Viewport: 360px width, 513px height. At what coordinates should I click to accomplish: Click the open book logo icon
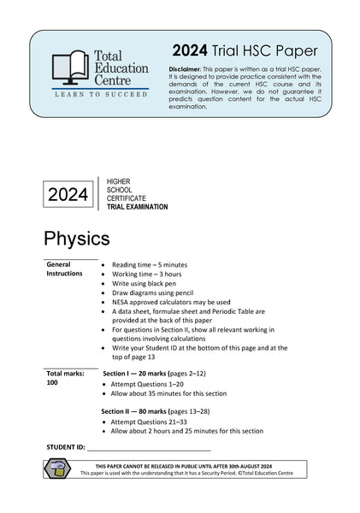pos(70,68)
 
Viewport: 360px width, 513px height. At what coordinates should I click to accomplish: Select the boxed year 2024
pos(68,195)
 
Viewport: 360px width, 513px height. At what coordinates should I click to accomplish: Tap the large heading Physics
pos(77,237)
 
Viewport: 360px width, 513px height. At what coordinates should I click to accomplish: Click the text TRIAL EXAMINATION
pos(137,207)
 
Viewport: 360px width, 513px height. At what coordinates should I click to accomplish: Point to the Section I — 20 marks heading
pos(154,374)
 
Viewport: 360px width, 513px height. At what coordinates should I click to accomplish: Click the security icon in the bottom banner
pos(57,469)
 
